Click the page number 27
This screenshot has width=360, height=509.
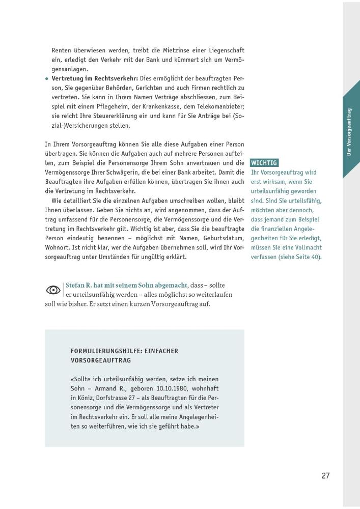coord(326,476)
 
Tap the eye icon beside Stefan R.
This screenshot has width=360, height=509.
coord(53,290)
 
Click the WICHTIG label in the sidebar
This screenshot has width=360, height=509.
coord(264,163)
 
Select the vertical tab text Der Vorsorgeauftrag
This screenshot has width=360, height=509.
coord(350,132)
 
